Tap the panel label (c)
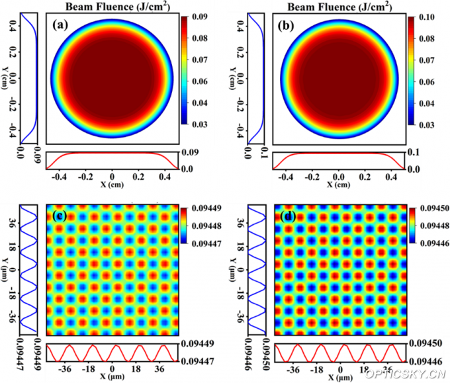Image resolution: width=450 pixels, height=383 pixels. point(60,215)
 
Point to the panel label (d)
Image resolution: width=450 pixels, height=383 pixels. point(287,215)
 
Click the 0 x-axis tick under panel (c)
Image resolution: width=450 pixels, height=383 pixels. point(112,368)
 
